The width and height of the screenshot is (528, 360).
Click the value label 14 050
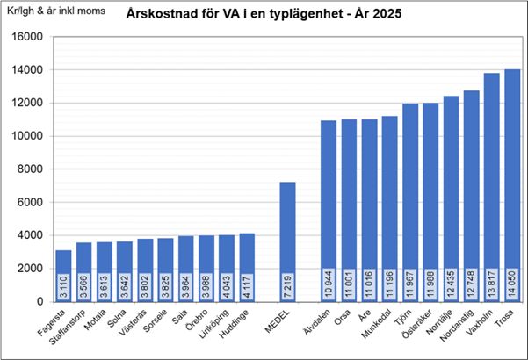512,283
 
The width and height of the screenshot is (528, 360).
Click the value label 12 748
472,283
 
